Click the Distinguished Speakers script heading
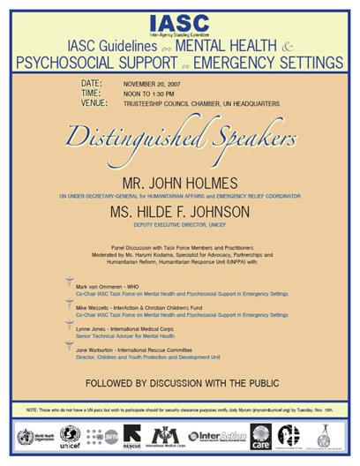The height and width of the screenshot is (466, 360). [180, 136]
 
